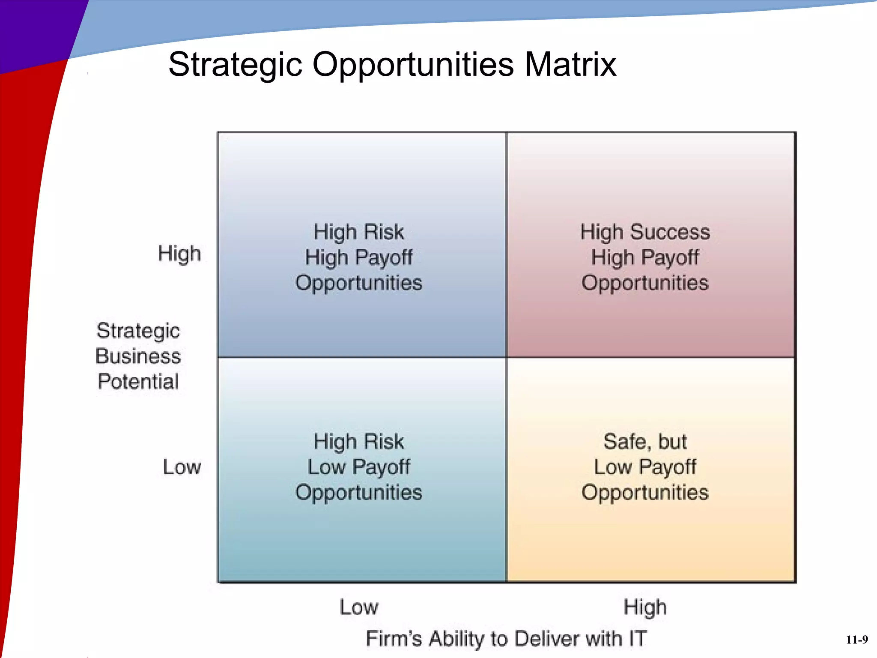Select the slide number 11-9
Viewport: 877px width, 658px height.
pyautogui.click(x=857, y=640)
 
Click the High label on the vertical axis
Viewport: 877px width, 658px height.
pyautogui.click(x=179, y=254)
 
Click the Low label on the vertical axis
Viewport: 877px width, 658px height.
pyautogui.click(x=182, y=467)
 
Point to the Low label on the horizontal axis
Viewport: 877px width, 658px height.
pyautogui.click(x=359, y=607)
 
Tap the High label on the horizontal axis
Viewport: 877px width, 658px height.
pyautogui.click(x=645, y=607)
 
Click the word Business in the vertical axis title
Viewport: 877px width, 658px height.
pyautogui.click(x=138, y=356)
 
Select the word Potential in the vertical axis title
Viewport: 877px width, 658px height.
pyautogui.click(x=138, y=381)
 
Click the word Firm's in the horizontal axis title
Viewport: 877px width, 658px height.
pyautogui.click(x=394, y=638)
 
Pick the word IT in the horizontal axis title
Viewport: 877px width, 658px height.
pyautogui.click(x=638, y=638)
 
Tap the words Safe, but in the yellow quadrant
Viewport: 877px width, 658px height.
pyautogui.click(x=645, y=441)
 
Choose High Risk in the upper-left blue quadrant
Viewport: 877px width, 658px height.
pyautogui.click(x=358, y=232)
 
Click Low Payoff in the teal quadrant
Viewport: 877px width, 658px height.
pyautogui.click(x=358, y=467)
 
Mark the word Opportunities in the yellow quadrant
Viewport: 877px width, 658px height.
pyautogui.click(x=645, y=492)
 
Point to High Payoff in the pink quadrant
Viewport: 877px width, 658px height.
pyautogui.click(x=645, y=257)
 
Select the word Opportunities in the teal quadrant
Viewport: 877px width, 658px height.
pyautogui.click(x=358, y=492)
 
